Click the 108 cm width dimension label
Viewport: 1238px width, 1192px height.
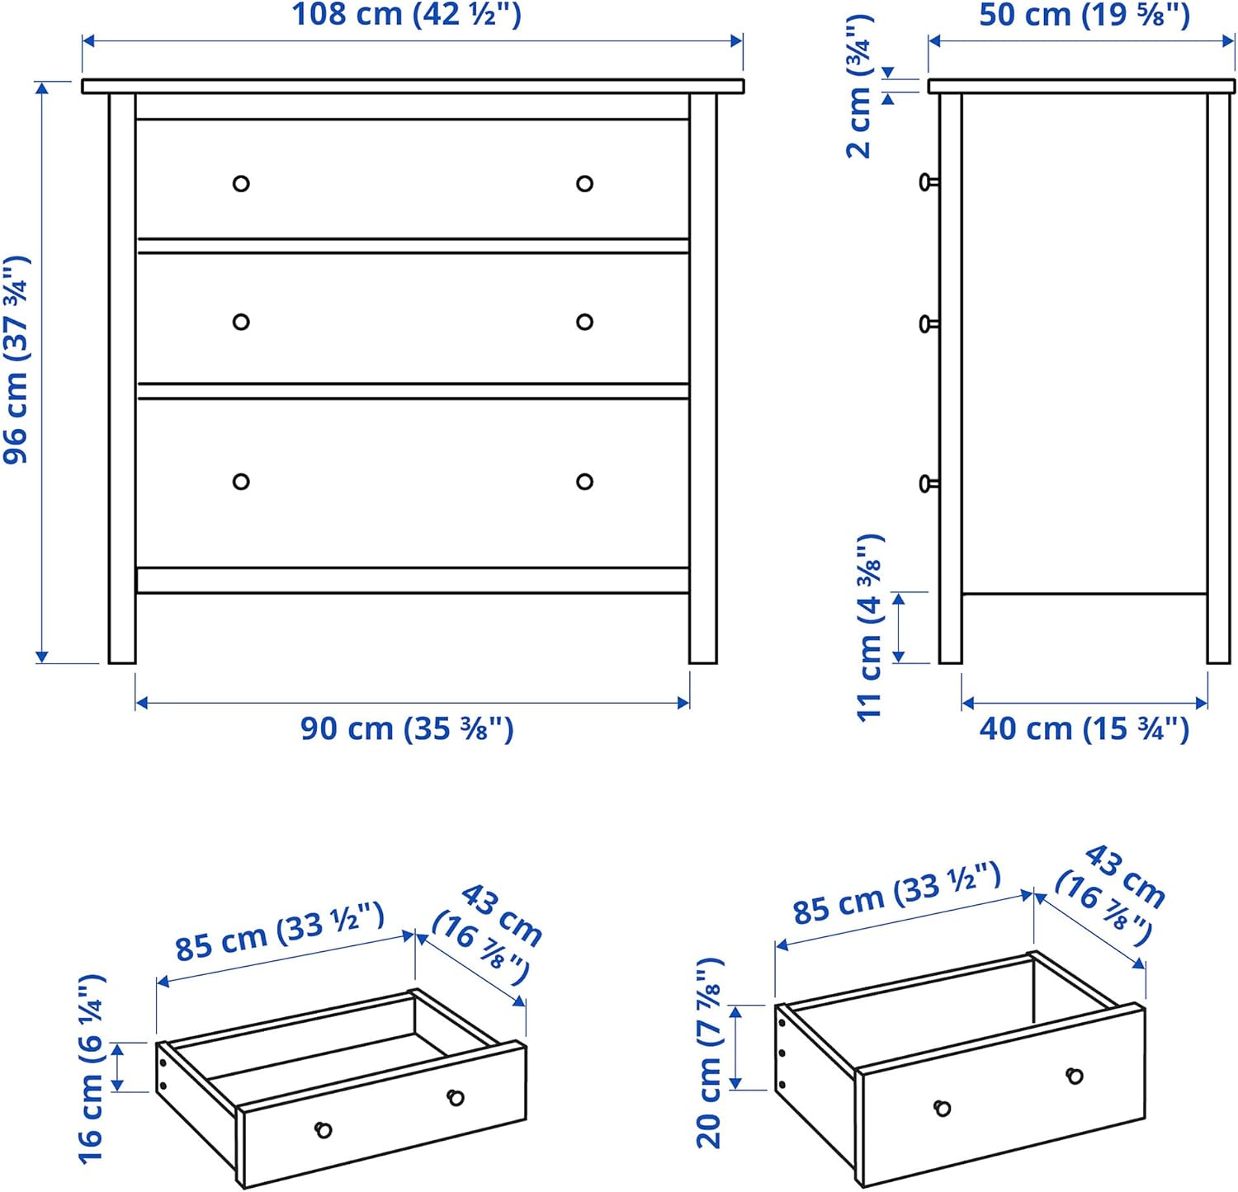(x=407, y=15)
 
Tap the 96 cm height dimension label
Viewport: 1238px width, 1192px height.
(x=17, y=360)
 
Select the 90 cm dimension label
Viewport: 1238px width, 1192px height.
(x=407, y=729)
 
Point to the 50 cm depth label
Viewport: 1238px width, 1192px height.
(x=1084, y=15)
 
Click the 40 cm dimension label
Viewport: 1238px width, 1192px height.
(x=1084, y=729)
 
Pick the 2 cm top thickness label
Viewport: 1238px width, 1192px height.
(x=859, y=87)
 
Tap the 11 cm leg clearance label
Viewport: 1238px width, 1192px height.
(x=870, y=627)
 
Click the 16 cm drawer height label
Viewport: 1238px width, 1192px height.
(x=92, y=1069)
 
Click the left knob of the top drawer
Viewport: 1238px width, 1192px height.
(x=241, y=184)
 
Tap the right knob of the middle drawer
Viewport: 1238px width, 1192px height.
(x=584, y=322)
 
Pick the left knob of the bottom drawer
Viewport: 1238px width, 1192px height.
(x=241, y=482)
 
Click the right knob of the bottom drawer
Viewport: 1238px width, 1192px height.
(x=584, y=482)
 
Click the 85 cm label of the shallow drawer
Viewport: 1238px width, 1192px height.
(x=280, y=932)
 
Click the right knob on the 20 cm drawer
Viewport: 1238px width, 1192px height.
(x=1075, y=1076)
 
